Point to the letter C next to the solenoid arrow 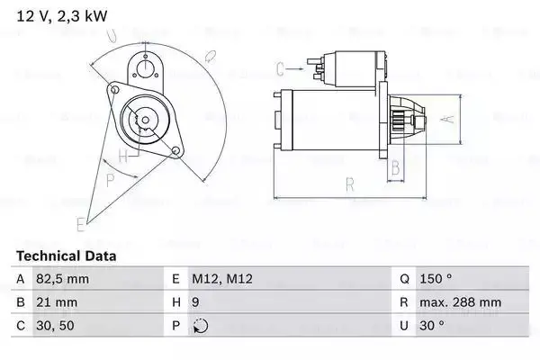pyautogui.click(x=281, y=68)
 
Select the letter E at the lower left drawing pyautogui.click(x=80, y=221)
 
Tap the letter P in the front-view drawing pyautogui.click(x=110, y=179)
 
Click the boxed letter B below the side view pyautogui.click(x=394, y=167)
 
